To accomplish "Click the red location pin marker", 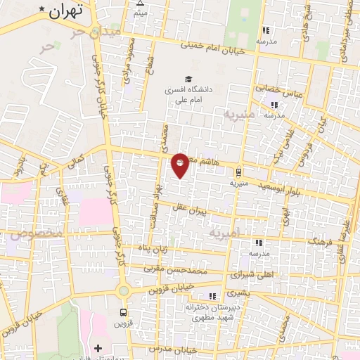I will pos(180,166).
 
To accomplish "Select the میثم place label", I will pos(141,13).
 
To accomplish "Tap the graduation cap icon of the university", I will pos(188,79).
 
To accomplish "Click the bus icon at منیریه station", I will pos(238,171).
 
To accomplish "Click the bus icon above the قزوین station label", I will pos(124,311).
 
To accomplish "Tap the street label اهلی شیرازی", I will pos(257,272).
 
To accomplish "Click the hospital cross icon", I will pos(98,348).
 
